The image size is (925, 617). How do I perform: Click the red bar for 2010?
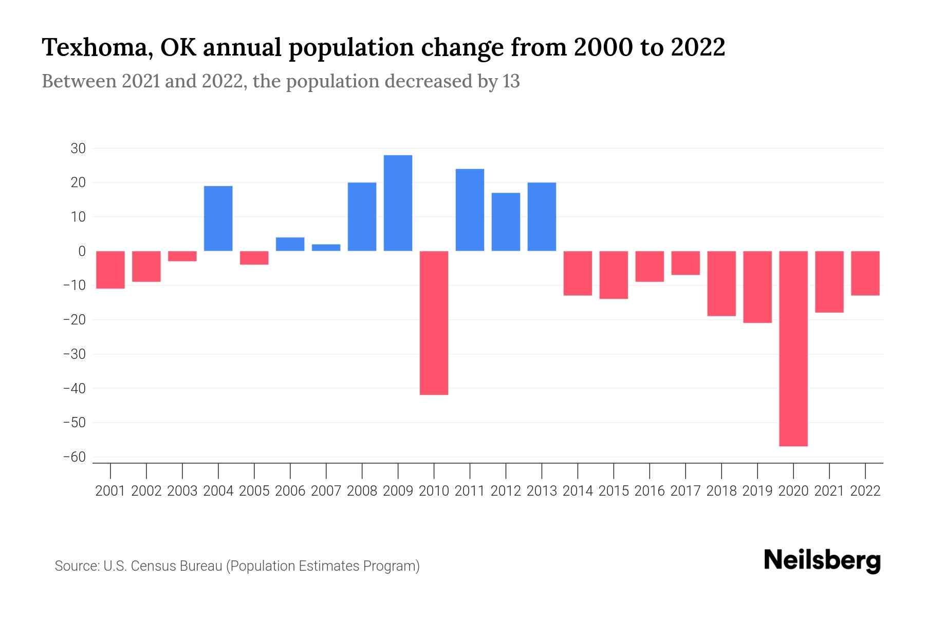pos(434,323)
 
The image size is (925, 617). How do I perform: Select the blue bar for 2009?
pos(398,203)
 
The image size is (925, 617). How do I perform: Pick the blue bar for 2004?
pos(218,219)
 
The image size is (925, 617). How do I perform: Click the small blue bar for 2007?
pos(326,247)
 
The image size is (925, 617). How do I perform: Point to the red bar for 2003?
pos(182,256)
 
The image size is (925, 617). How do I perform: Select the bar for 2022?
pos(865,273)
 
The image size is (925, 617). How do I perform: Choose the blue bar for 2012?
pos(506,222)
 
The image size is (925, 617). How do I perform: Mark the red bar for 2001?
pos(110,269)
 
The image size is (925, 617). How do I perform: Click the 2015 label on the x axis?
pos(614,491)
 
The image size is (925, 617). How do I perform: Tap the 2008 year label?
pos(362,491)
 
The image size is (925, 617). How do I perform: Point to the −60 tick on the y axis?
pos(74,457)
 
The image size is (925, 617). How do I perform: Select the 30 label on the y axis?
pos(78,149)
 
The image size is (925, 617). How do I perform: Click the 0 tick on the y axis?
pos(82,251)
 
